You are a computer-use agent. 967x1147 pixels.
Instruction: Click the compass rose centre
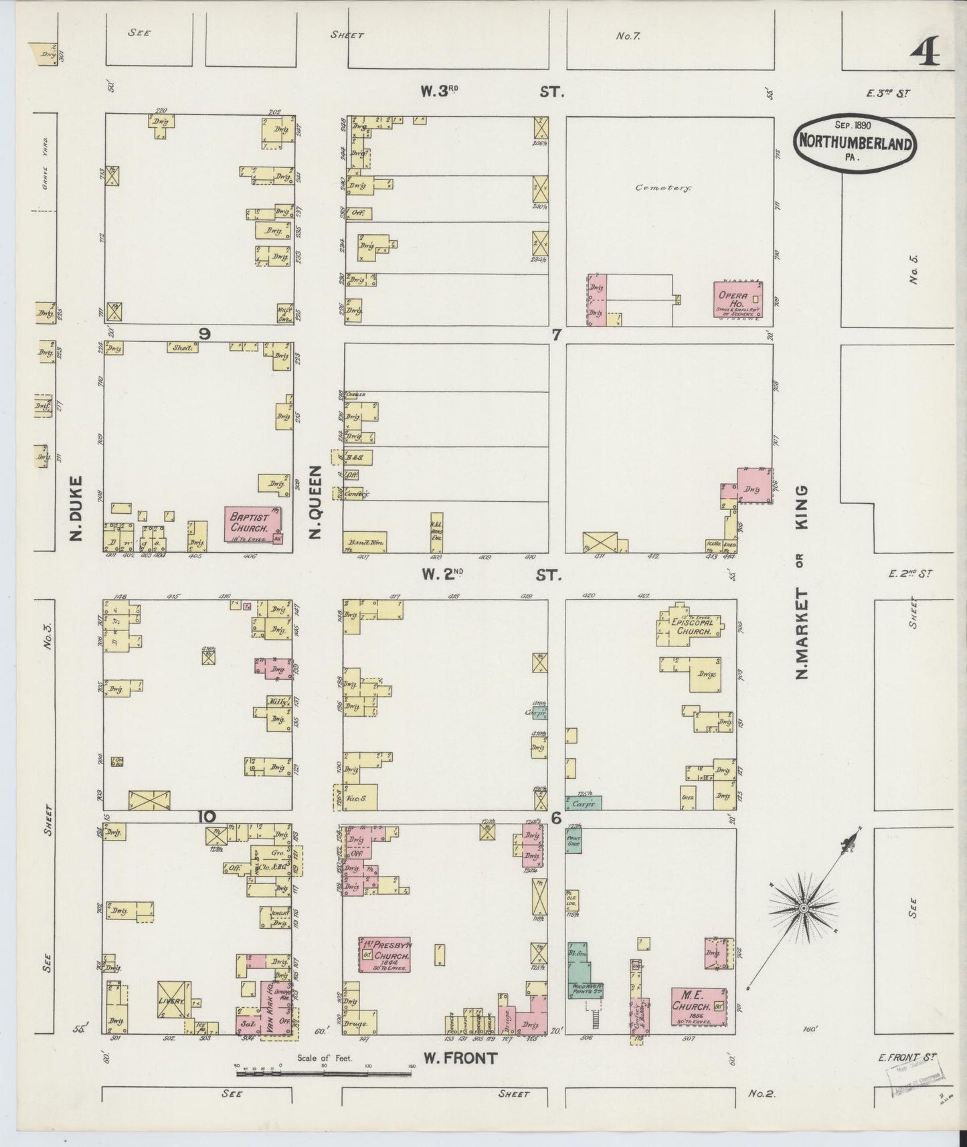click(x=802, y=908)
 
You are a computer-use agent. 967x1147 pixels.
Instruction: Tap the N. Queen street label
click(x=317, y=503)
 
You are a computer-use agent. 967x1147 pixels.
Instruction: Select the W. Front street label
click(x=460, y=1058)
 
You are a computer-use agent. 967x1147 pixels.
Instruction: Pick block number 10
click(x=207, y=816)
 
